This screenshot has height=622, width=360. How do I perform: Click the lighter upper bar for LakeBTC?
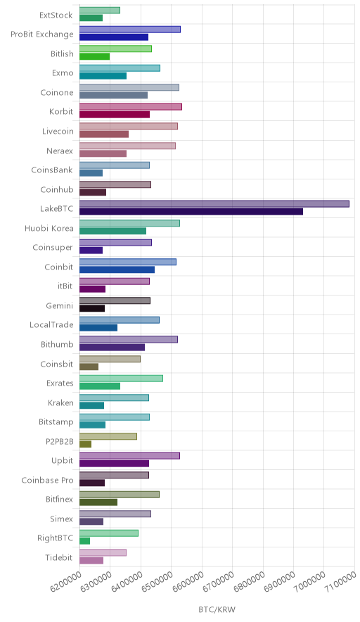214,204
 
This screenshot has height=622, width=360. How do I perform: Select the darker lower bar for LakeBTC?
191,211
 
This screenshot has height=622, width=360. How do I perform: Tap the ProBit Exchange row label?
42,34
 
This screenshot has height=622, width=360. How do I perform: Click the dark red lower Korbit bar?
115,115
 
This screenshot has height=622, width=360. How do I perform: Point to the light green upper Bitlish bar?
115,49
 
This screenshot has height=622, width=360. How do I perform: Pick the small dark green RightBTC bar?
84,540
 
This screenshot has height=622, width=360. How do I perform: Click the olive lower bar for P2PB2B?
85,444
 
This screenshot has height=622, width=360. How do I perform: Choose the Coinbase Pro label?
48,480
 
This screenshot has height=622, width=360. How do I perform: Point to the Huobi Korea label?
49,228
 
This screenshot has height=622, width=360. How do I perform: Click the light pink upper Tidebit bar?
103,552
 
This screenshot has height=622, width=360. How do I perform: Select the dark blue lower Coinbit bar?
117,269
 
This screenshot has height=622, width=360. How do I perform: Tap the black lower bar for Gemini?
92,308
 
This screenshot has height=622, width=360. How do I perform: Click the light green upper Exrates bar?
121,378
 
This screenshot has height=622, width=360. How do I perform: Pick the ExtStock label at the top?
56,15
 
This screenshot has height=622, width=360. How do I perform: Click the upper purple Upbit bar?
129,456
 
